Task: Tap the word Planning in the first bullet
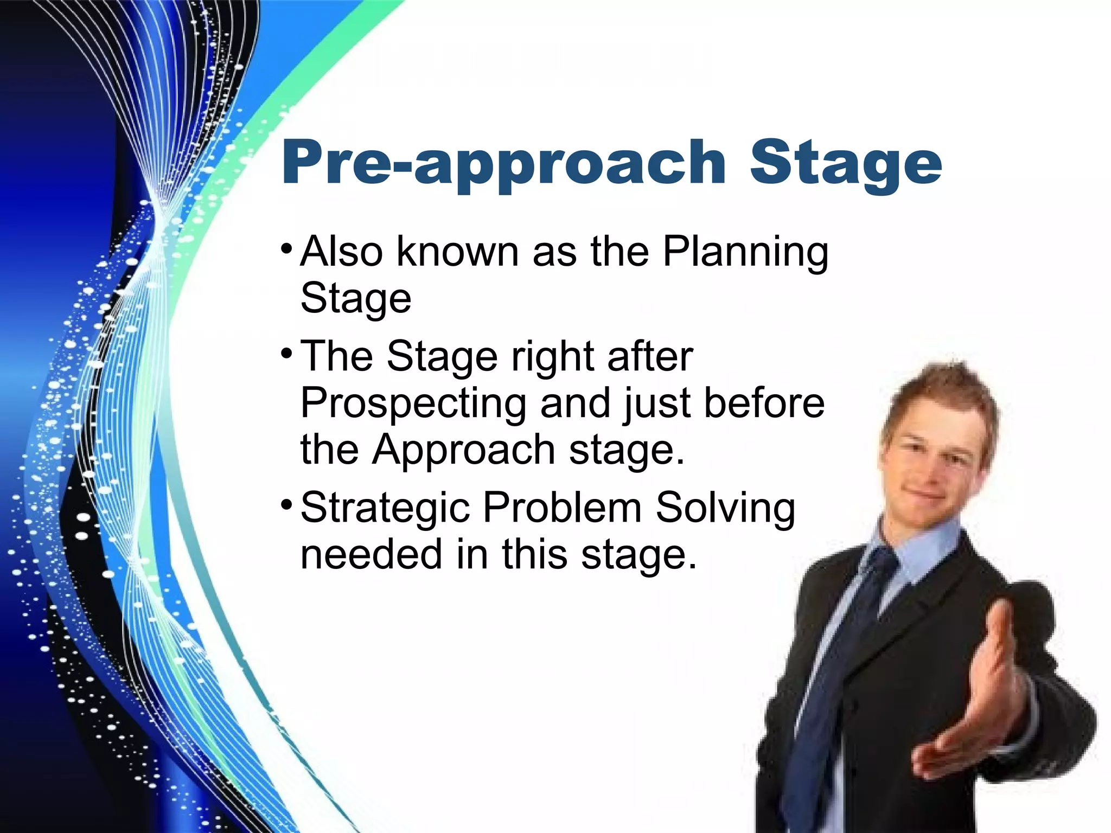tap(745, 252)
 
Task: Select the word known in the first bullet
tap(457, 252)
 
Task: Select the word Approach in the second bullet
tap(463, 450)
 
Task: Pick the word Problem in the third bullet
tap(562, 508)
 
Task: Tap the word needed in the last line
tap(371, 554)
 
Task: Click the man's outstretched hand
tap(971, 700)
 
